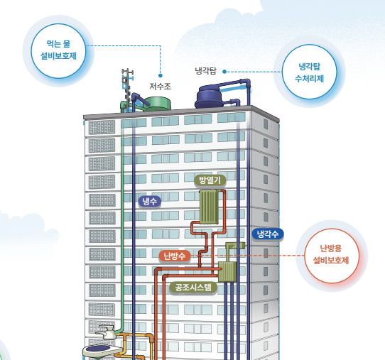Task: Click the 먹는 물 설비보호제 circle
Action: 58,51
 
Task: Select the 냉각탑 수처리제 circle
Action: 310,72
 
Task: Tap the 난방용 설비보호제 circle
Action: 332,256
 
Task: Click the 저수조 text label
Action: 160,87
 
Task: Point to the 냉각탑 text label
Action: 205,71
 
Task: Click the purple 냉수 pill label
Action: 150,202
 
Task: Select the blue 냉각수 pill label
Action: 268,234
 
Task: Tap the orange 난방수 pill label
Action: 175,256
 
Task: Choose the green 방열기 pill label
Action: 210,180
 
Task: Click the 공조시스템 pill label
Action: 193,288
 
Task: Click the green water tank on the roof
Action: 157,104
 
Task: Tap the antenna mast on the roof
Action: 127,89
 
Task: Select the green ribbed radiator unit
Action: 209,207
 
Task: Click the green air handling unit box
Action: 227,271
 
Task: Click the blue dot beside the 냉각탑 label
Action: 224,72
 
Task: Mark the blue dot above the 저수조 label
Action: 161,75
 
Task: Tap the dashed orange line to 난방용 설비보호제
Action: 247,256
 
